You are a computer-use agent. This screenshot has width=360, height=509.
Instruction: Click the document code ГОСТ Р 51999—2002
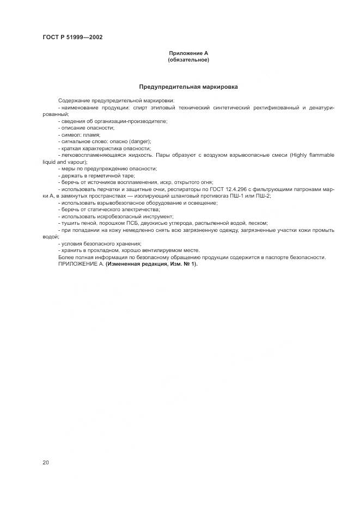[72, 38]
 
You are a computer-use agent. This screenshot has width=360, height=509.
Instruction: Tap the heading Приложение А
[188, 53]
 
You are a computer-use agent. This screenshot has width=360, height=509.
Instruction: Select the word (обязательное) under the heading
[188, 60]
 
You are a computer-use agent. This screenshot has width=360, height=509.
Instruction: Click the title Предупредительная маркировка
[188, 87]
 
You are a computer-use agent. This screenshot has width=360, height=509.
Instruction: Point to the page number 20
[46, 462]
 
